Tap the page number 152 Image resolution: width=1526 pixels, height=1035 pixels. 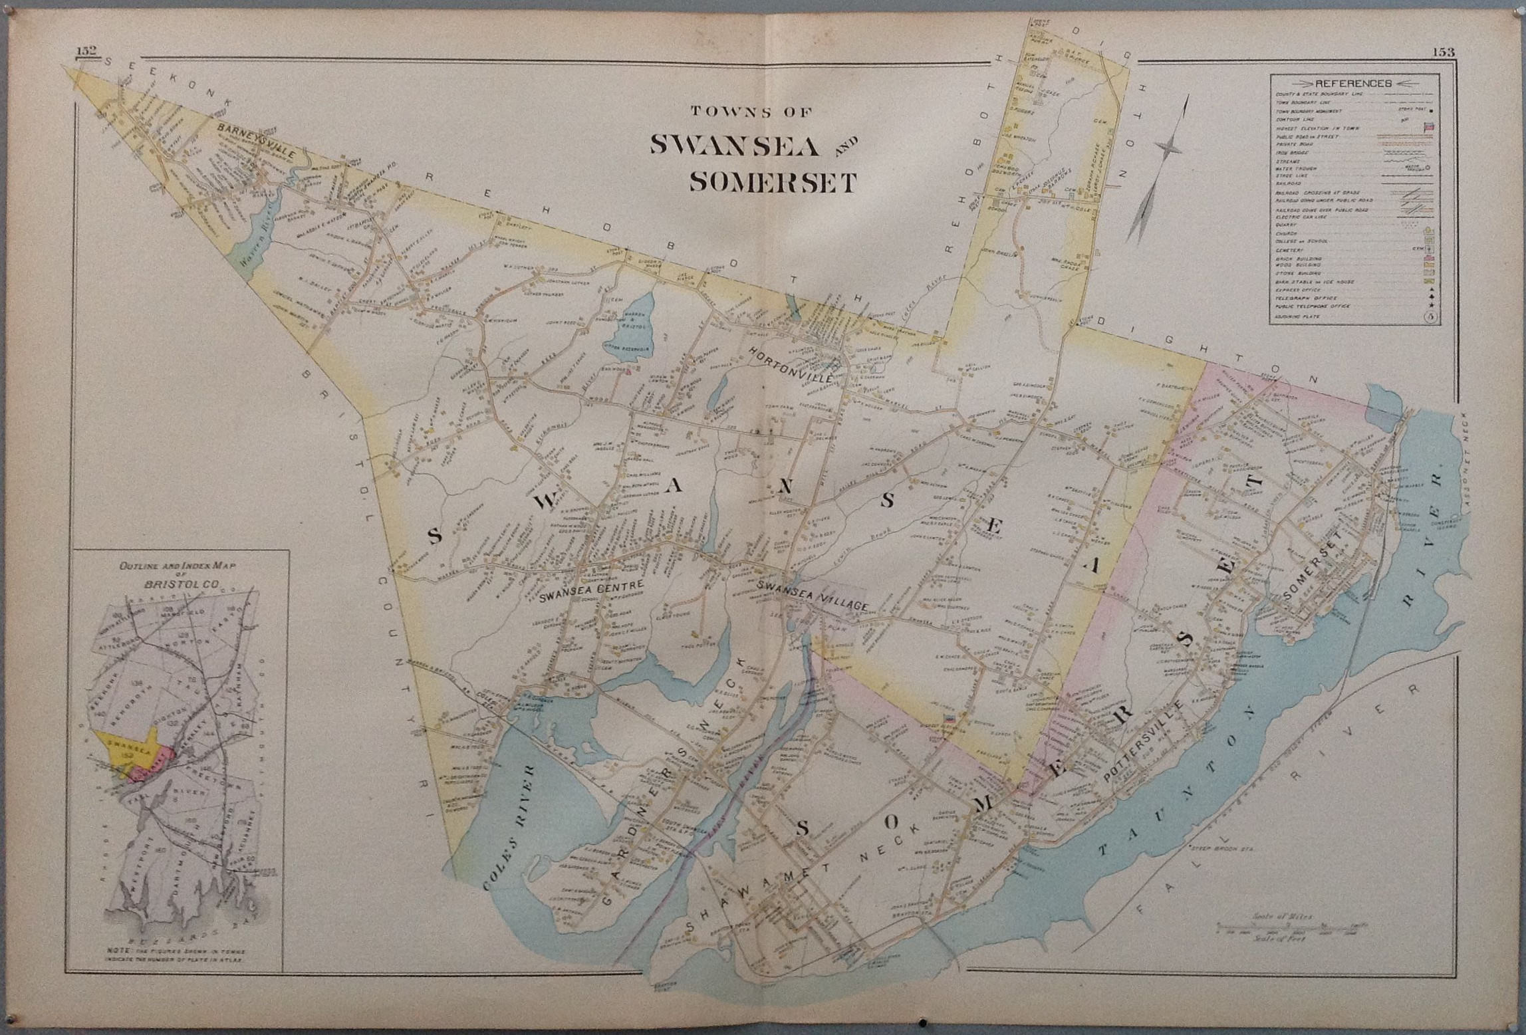tap(87, 51)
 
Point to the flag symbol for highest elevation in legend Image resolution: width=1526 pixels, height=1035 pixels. tap(1428, 127)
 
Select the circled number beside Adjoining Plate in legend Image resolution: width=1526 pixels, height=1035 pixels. tap(1428, 318)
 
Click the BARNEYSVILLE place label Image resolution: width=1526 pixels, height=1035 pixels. tap(256, 139)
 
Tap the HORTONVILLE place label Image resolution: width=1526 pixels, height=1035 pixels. tap(791, 363)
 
